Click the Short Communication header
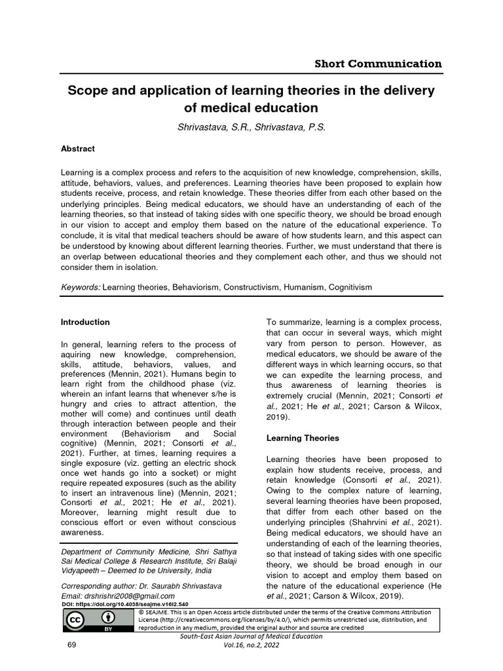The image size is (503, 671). [x=379, y=64]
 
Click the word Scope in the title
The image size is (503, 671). [x=89, y=90]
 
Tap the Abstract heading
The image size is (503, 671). [x=77, y=149]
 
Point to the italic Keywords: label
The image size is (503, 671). [x=81, y=287]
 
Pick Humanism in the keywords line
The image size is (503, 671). [x=300, y=287]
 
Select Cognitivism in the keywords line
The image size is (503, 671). [x=350, y=287]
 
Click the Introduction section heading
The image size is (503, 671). [x=85, y=322]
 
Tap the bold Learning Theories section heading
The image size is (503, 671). [x=302, y=437]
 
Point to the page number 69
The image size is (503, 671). [x=73, y=645]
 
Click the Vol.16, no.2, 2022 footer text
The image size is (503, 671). [x=251, y=645]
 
